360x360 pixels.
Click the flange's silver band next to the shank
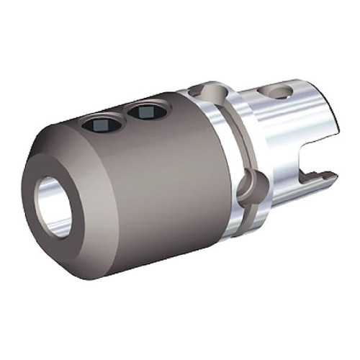point(245,130)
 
